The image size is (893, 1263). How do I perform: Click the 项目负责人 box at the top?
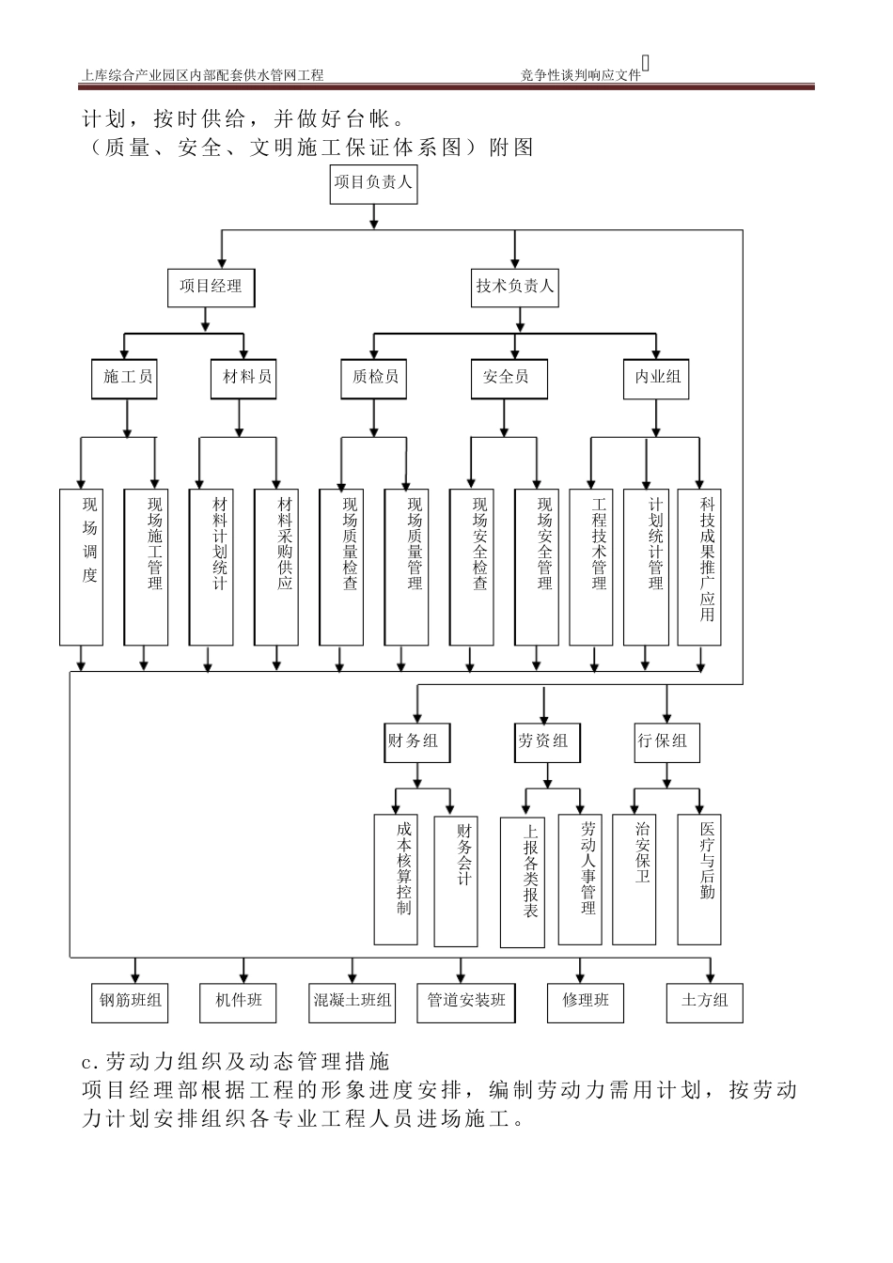(x=373, y=182)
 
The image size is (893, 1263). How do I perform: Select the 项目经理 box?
(x=211, y=287)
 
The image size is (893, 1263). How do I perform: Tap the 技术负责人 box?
(x=514, y=287)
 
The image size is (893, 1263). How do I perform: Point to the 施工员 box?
(x=127, y=378)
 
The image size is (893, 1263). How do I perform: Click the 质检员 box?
(x=374, y=378)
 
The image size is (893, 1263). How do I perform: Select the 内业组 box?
(x=657, y=378)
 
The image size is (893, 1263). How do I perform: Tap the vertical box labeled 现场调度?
(x=81, y=566)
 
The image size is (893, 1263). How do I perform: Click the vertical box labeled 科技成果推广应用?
(x=701, y=566)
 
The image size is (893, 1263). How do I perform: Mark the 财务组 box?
(x=413, y=741)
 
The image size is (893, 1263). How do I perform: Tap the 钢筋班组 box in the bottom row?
(x=131, y=1002)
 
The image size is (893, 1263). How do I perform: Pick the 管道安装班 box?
(x=466, y=1002)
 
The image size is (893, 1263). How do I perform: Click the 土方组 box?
(x=705, y=1002)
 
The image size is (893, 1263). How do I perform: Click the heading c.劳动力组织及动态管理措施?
(x=235, y=1062)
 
